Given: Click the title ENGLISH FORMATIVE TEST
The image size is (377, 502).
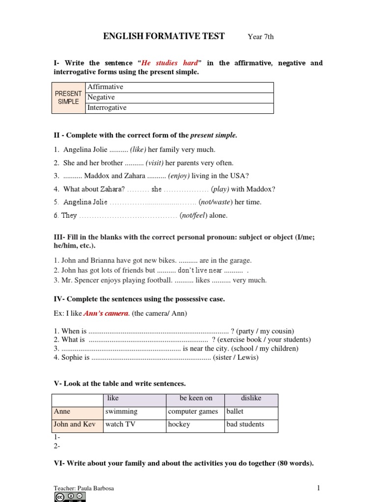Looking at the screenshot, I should pos(163,36).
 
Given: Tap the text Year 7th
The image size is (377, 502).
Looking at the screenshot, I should pos(261,37).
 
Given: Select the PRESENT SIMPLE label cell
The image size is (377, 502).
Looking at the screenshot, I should pos(68,98).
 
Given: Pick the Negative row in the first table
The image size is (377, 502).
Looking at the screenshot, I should pos(179,98).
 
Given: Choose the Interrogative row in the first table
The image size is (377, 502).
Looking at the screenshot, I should pos(179,108).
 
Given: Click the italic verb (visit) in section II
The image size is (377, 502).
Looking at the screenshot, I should pos(155,163).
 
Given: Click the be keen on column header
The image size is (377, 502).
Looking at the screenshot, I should pos(196,399).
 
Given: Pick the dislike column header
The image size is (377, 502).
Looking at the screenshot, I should pos(251,399).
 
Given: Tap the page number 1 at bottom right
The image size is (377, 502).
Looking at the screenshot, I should pos(318,488).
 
